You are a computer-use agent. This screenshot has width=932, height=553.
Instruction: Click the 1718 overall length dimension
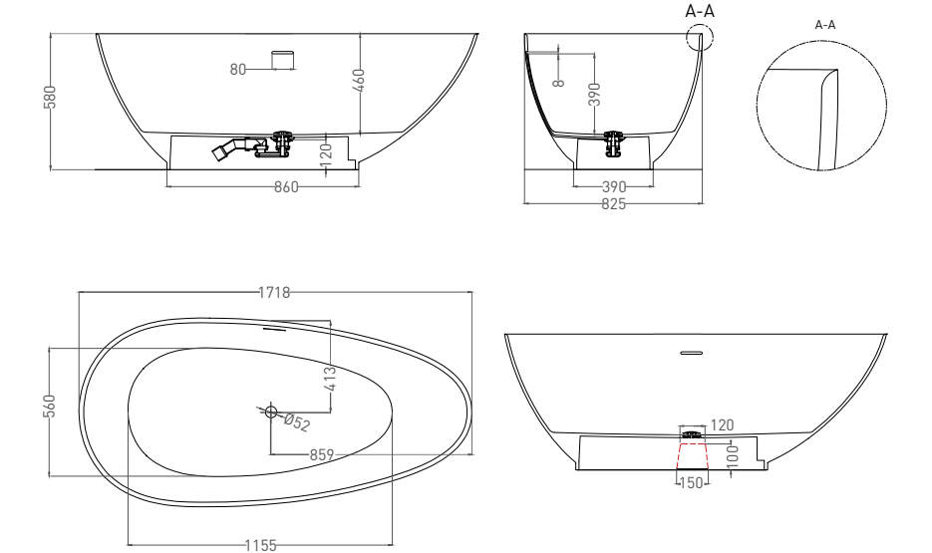pyautogui.click(x=274, y=292)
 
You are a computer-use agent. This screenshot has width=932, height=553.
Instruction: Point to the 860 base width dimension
pyautogui.click(x=286, y=188)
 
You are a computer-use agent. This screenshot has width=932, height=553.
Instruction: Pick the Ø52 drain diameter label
pyautogui.click(x=295, y=420)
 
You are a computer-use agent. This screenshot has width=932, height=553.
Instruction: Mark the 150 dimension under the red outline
pyautogui.click(x=692, y=482)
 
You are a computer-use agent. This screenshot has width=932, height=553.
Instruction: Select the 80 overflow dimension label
pyautogui.click(x=238, y=69)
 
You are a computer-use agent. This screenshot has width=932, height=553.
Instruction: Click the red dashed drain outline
pyautogui.click(x=692, y=455)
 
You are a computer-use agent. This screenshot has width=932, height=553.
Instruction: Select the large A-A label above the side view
pyautogui.click(x=700, y=11)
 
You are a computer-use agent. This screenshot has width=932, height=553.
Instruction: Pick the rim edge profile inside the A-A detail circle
pyautogui.click(x=825, y=120)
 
